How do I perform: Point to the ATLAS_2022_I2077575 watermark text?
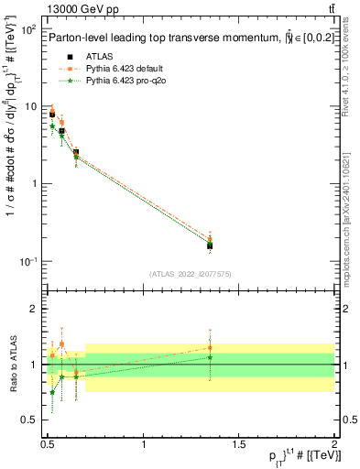click(189, 274)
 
